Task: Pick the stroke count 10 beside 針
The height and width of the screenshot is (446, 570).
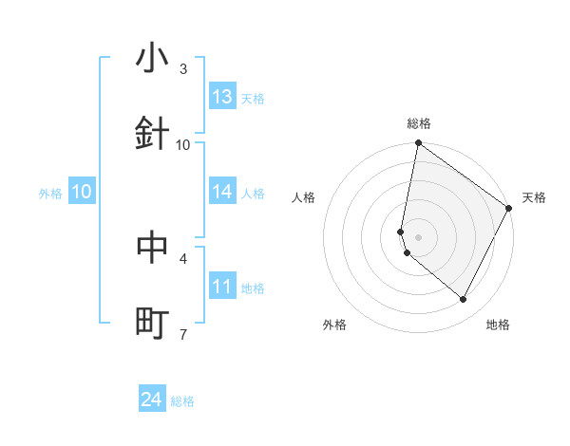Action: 183,144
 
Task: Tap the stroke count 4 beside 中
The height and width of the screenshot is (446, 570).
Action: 183,257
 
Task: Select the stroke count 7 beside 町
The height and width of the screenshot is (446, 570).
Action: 183,333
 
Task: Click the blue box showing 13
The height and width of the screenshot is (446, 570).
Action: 222,97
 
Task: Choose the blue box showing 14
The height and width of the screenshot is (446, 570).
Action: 222,192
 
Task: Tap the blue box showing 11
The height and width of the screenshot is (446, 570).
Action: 222,287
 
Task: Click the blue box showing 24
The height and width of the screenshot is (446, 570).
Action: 152,400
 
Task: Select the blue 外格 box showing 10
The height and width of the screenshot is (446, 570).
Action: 82,192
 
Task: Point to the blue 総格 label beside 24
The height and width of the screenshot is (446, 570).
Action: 182,402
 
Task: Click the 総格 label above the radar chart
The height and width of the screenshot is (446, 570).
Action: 419,124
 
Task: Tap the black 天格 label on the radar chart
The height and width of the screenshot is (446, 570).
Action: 534,197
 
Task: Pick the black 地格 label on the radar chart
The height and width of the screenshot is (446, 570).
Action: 498,325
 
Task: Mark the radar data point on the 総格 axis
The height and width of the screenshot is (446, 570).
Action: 418,144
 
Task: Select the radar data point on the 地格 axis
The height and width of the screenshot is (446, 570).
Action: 464,300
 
